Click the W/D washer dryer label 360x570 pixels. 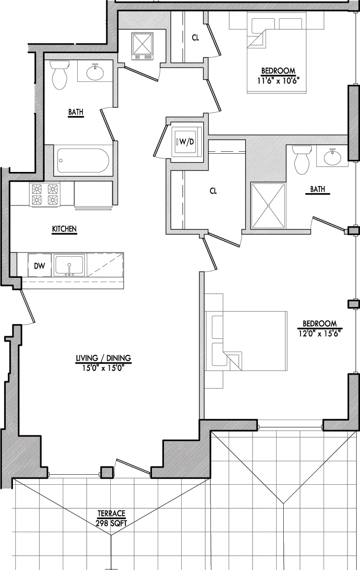tap(185, 142)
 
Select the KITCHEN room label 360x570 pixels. tap(65, 229)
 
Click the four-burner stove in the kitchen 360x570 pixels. tap(45, 194)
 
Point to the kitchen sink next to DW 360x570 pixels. tap(69, 266)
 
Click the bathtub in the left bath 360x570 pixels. tap(83, 161)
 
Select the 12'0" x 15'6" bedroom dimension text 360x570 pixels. tap(320, 331)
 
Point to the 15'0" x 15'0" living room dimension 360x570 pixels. tap(103, 366)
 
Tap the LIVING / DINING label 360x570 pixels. tap(103, 358)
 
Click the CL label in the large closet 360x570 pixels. tap(213, 191)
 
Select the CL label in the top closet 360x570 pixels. tap(195, 38)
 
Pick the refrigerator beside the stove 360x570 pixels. tap(93, 194)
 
